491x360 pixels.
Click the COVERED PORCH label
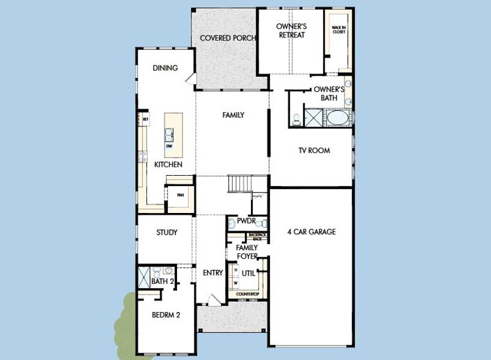coord(227,38)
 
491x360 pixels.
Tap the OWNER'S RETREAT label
coord(291,31)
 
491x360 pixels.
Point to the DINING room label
coord(165,68)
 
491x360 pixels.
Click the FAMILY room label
coord(233,115)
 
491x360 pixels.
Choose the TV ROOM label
coord(315,151)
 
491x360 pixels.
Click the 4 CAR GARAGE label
coord(311,232)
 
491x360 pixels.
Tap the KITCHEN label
coord(168,164)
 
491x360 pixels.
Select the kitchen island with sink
coord(170,133)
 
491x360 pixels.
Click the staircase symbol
coord(239,183)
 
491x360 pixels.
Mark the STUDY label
coord(166,232)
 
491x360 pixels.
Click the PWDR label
coord(246,221)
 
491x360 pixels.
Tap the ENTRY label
coord(212,272)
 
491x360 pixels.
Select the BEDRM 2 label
coord(166,314)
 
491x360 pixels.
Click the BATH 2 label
coord(162,281)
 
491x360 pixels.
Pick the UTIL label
coord(249,273)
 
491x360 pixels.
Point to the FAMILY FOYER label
coord(247,251)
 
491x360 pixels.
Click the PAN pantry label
coord(180,195)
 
